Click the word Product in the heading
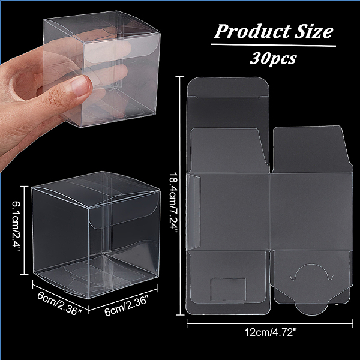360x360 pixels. (252, 31)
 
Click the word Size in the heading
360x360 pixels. (314, 31)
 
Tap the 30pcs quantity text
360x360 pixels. (273, 59)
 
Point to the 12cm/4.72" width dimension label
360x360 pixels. (271, 332)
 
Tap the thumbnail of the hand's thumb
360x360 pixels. (80, 86)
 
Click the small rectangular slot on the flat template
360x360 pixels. (228, 290)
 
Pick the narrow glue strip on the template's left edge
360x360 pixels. (194, 212)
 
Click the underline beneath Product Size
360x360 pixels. (273, 45)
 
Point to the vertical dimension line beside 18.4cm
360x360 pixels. (180, 196)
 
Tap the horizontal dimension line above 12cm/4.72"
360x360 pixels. (270, 323)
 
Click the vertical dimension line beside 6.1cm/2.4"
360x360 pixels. (25, 230)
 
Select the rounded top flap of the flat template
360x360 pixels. (228, 86)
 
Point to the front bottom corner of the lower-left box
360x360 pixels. (89, 299)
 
